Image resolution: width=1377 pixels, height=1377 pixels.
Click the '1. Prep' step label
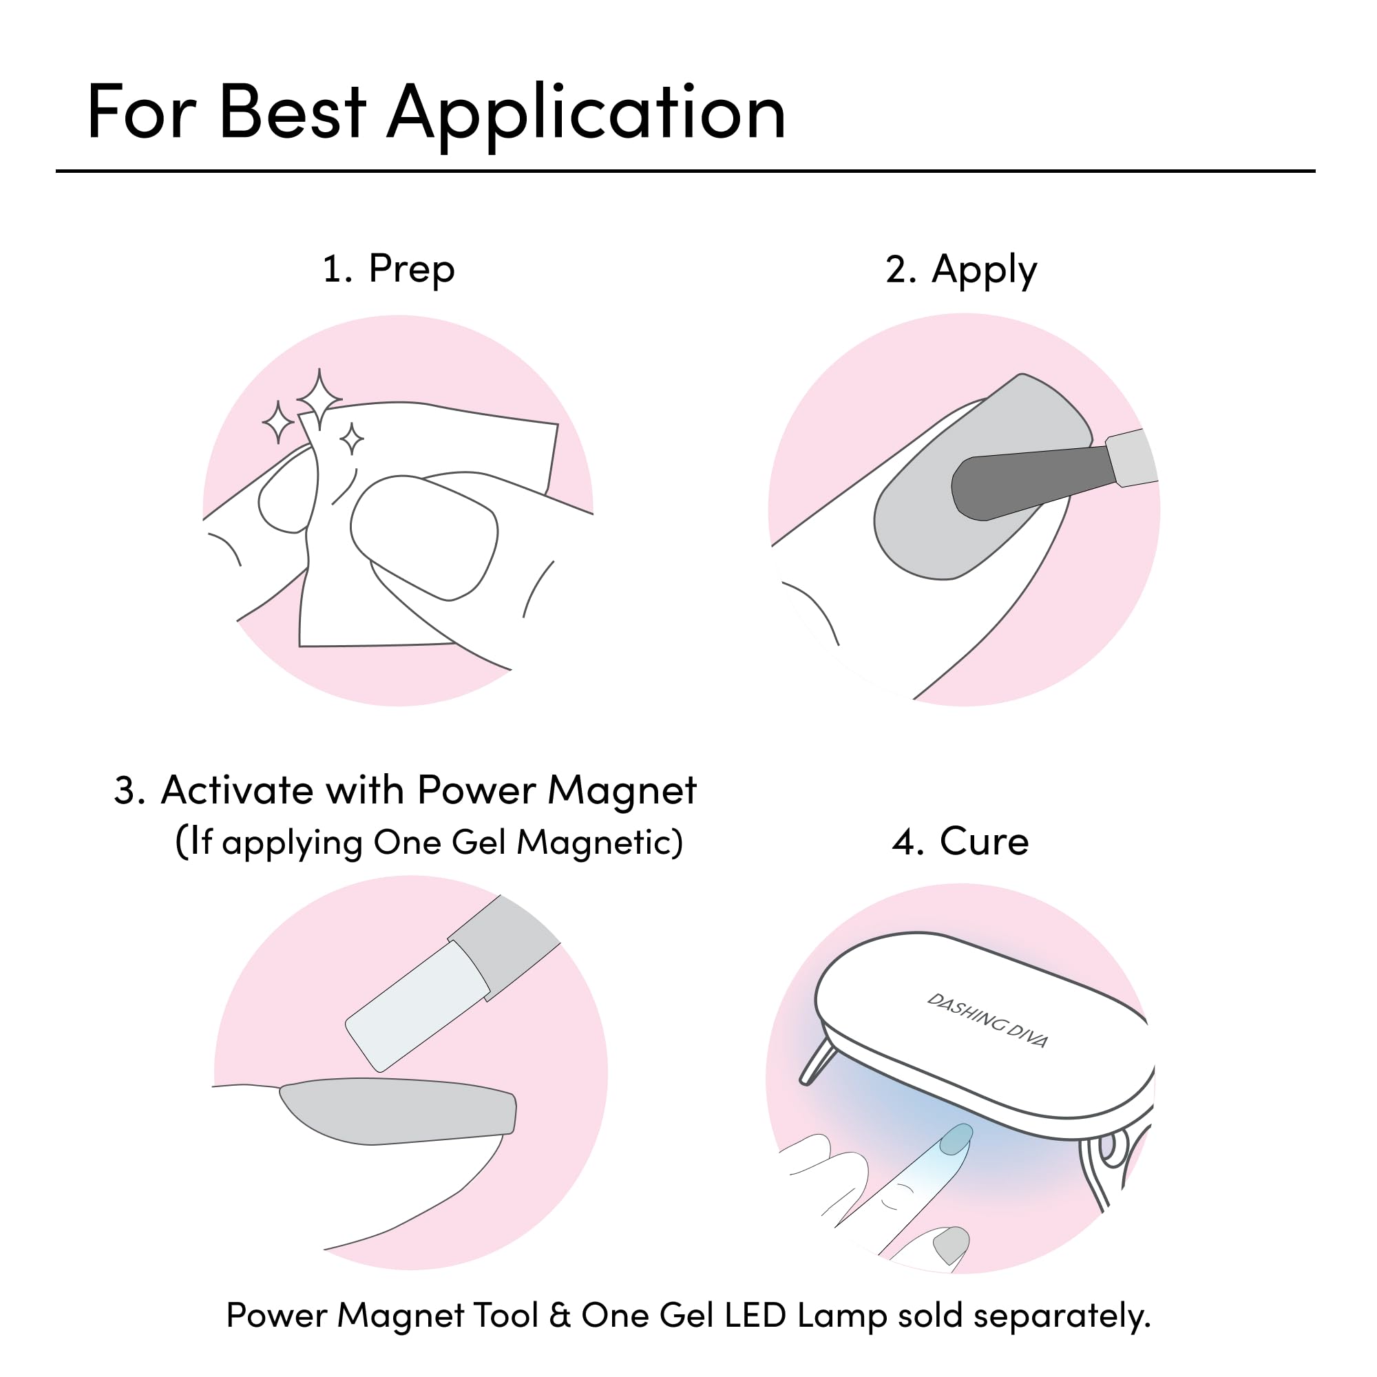(x=388, y=270)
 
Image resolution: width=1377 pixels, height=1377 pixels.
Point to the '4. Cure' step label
(x=960, y=841)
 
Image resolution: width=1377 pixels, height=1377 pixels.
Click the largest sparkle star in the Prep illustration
(x=319, y=399)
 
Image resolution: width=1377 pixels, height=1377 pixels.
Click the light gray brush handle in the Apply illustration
(x=1132, y=459)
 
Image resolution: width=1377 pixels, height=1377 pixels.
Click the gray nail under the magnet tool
(x=398, y=1111)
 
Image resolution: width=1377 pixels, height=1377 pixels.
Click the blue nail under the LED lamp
(x=956, y=1138)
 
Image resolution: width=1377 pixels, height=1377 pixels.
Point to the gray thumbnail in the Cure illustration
(x=952, y=1244)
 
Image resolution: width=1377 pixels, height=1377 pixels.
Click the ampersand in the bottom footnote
(x=560, y=1316)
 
